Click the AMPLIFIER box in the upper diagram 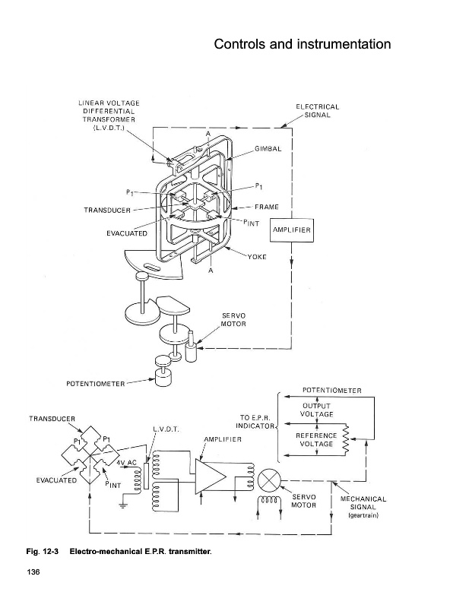[x=291, y=230]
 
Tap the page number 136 [x=33, y=572]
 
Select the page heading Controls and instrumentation [x=303, y=44]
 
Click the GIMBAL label [x=268, y=149]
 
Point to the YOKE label [x=257, y=257]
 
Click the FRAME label [x=267, y=207]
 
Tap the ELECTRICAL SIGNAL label [x=317, y=111]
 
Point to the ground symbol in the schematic [x=123, y=505]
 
